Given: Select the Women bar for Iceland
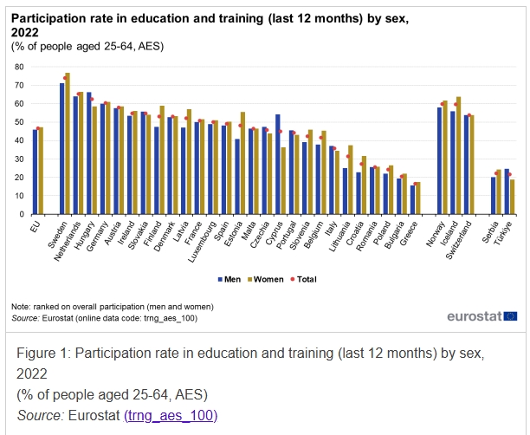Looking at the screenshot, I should coord(458,155).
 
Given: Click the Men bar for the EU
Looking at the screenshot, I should coord(35,171).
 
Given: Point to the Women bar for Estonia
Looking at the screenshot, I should coord(242,163).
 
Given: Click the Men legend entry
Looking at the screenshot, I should coord(230,278).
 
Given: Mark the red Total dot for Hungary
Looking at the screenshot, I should coord(91,99).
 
